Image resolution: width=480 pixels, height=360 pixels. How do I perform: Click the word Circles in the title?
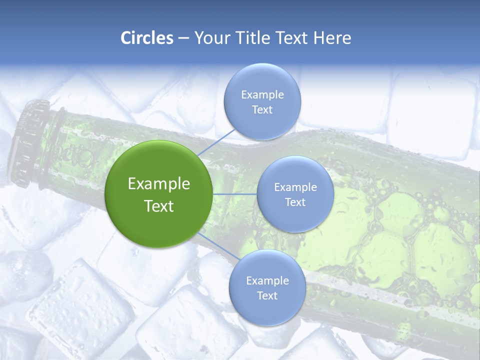(x=146, y=38)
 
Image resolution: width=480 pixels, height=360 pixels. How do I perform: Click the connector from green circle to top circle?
(x=216, y=142)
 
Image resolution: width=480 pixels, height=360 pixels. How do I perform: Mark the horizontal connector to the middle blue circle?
(x=234, y=194)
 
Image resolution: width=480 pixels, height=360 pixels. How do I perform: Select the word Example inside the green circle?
(x=158, y=184)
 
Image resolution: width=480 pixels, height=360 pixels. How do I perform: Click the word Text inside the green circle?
(x=158, y=206)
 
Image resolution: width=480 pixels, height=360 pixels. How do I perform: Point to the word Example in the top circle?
(x=262, y=95)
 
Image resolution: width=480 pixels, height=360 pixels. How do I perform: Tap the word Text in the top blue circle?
(x=262, y=109)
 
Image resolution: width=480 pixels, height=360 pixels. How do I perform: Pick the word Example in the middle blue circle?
(x=295, y=187)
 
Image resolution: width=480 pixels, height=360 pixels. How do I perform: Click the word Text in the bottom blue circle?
(x=267, y=295)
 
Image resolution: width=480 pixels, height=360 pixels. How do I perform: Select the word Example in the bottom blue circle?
(x=267, y=281)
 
